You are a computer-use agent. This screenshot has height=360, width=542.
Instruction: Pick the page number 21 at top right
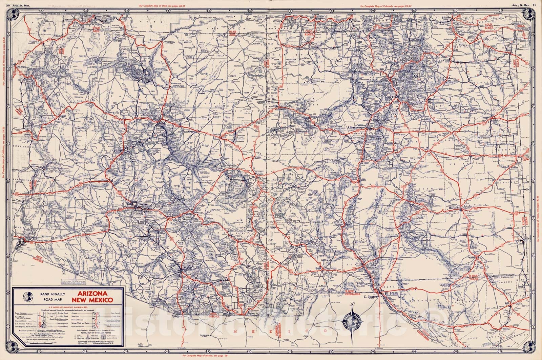[x=534, y=5]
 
